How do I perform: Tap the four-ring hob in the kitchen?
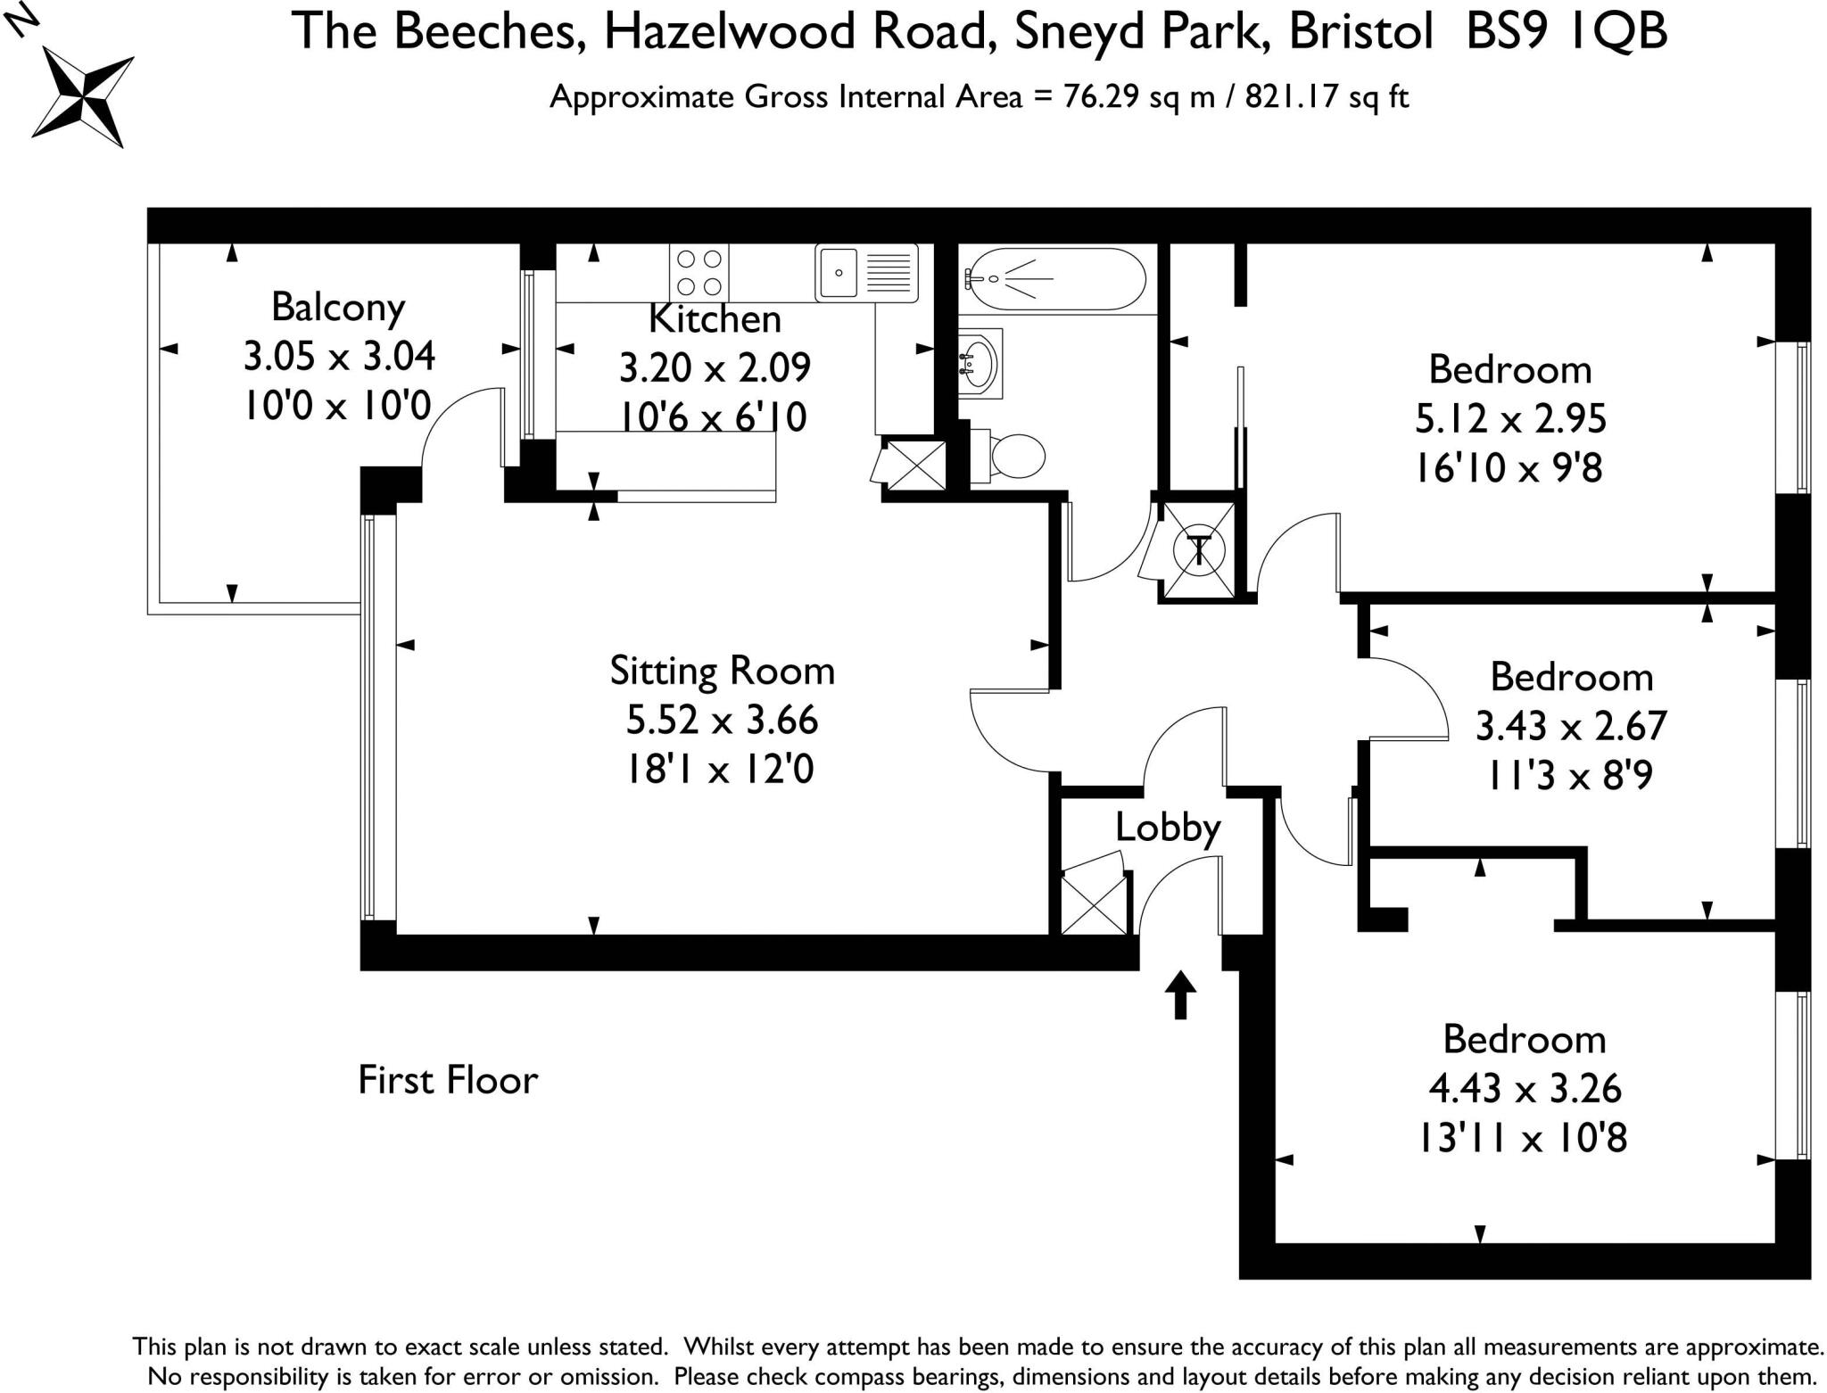point(699,272)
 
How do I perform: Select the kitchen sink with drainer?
point(866,272)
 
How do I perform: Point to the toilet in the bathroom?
point(1008,457)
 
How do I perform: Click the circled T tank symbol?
point(1199,549)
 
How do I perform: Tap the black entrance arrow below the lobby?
point(1180,994)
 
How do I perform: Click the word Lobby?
point(1168,828)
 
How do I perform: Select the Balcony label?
point(338,308)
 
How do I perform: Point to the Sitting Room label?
point(723,672)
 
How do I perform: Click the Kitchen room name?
point(715,319)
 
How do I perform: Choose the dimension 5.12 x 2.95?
point(1510,419)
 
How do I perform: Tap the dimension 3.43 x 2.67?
point(1571,727)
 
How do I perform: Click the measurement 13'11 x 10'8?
point(1524,1138)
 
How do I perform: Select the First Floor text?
point(448,1080)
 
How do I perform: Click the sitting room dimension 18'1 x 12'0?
point(719,769)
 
